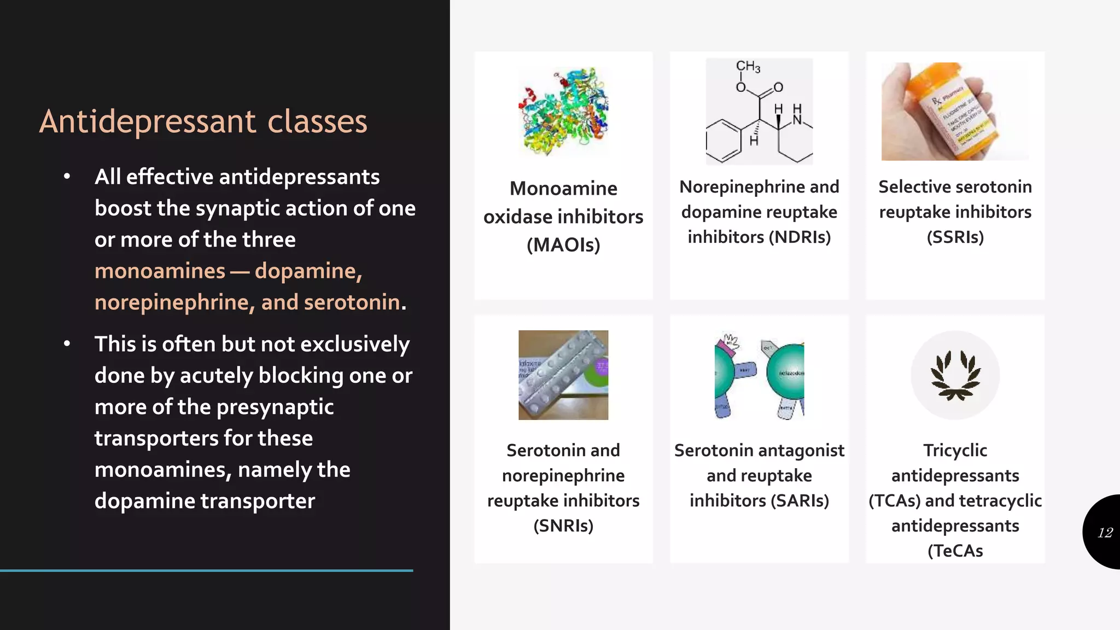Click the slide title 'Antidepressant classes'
(x=203, y=121)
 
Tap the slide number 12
(x=1105, y=532)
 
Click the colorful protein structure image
(x=563, y=112)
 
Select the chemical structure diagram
(x=759, y=112)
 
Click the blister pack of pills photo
(x=563, y=375)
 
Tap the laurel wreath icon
(x=955, y=375)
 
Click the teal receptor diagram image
(x=759, y=375)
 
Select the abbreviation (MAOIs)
(x=563, y=245)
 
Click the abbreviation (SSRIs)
(x=955, y=237)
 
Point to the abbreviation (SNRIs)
(x=563, y=526)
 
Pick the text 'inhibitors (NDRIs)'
(x=759, y=237)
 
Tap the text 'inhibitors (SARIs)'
(x=759, y=501)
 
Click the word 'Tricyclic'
(x=955, y=451)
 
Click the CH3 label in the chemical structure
(x=748, y=67)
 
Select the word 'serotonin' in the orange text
(x=352, y=302)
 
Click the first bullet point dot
(x=67, y=177)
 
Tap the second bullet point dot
(x=67, y=344)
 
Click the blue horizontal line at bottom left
(x=206, y=570)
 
